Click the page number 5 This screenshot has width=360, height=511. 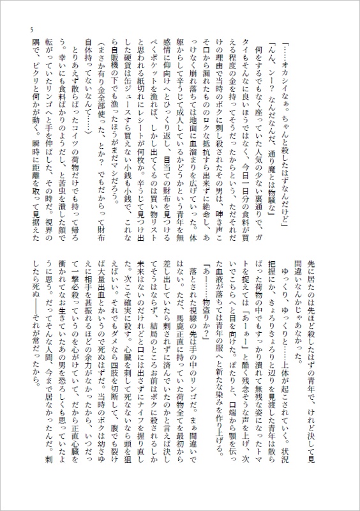click(23, 32)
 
